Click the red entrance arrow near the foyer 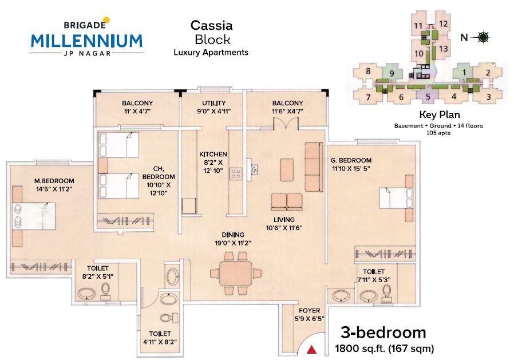(x=312, y=349)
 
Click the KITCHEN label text (x=213, y=155)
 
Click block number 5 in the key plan (x=428, y=96)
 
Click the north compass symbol (x=483, y=38)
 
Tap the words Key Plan (x=437, y=114)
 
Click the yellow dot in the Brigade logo (x=106, y=21)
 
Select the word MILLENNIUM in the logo (x=86, y=41)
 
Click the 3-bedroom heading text (x=383, y=333)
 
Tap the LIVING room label (x=284, y=220)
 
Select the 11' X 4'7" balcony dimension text (x=137, y=112)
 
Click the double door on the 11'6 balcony (x=283, y=123)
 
